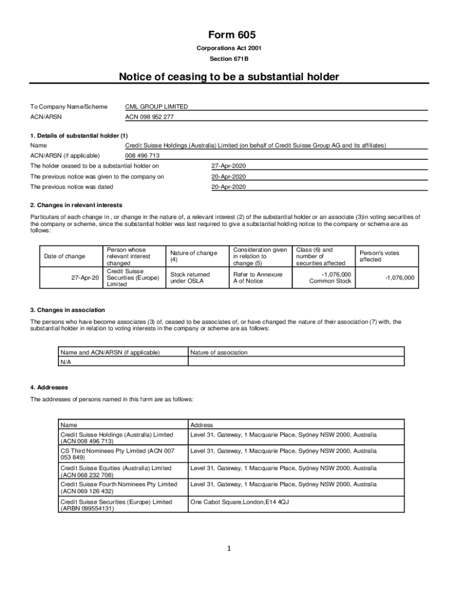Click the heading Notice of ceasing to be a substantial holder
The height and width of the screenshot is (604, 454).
(229, 77)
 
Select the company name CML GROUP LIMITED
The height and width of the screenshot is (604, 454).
(157, 107)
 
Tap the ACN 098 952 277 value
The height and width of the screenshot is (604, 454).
(150, 117)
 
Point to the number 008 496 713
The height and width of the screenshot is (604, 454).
(142, 156)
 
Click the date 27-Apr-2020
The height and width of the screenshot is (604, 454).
(229, 166)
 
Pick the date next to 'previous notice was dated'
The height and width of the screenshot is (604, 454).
(229, 187)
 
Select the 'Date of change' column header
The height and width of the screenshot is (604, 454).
(65, 256)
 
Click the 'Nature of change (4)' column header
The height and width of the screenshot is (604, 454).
(193, 256)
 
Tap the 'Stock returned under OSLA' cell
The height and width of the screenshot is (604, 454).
(190, 277)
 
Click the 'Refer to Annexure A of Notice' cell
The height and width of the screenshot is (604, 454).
(258, 277)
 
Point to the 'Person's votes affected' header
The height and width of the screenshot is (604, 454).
(379, 256)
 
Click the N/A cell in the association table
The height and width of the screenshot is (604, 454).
(65, 362)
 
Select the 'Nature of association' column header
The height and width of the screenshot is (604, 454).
(219, 353)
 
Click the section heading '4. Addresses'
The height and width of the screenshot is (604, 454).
(49, 388)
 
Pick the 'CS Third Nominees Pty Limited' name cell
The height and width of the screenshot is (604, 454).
(117, 454)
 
